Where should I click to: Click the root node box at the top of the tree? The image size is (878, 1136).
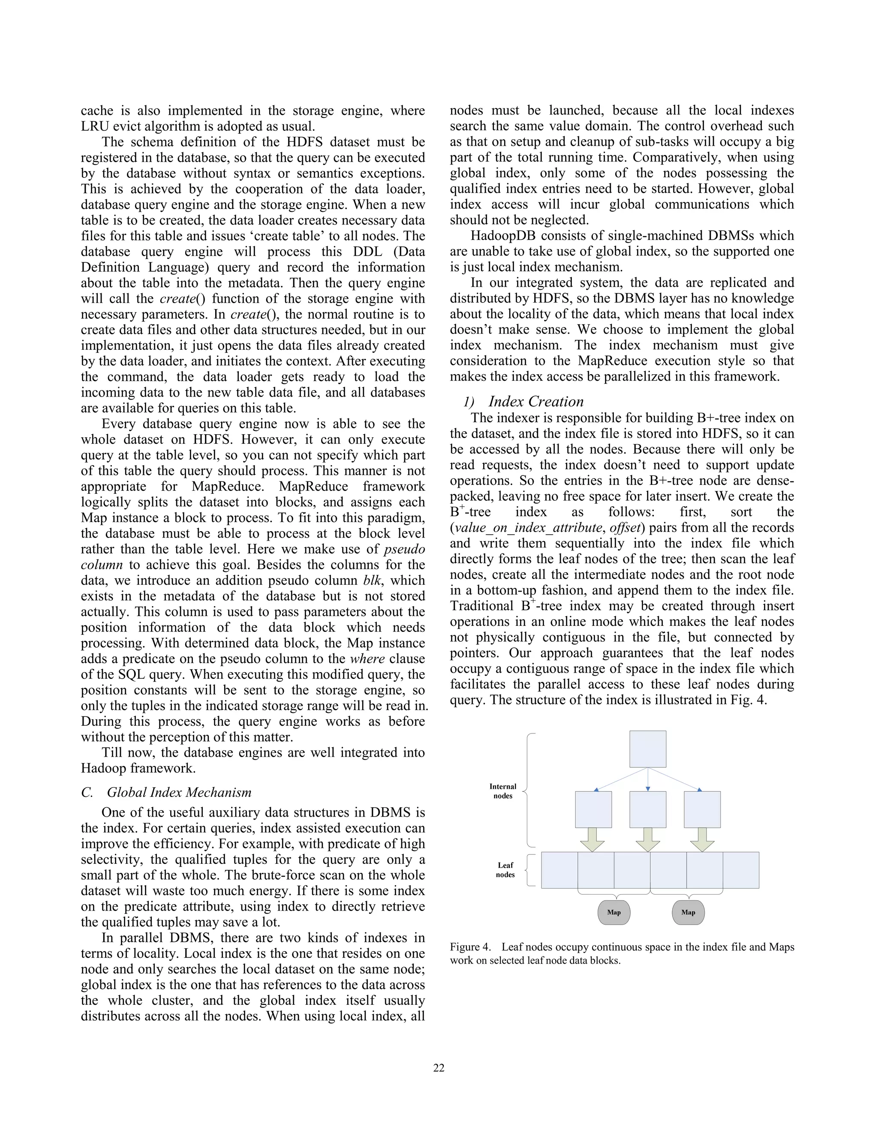[648, 748]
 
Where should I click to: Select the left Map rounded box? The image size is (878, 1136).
[614, 912]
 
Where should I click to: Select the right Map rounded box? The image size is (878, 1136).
[688, 912]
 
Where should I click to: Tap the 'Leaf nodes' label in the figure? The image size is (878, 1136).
[505, 870]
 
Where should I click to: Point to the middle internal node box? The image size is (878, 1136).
[648, 809]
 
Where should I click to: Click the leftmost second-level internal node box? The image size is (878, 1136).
[593, 809]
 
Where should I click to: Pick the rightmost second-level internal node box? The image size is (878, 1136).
[702, 809]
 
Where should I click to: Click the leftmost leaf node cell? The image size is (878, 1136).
[559, 870]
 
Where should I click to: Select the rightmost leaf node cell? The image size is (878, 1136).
[741, 870]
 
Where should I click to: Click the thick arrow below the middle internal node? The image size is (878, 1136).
[648, 839]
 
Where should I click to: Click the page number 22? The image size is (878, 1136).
[439, 1068]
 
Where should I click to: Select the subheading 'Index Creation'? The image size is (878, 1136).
[536, 402]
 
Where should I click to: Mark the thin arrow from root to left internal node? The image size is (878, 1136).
[620, 779]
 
